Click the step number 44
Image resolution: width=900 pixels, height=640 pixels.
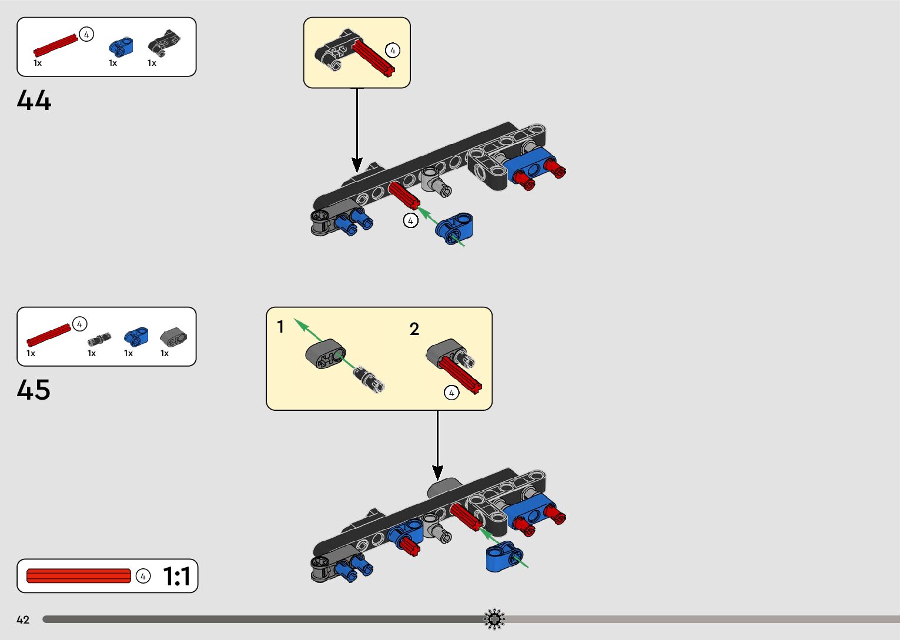[x=34, y=100]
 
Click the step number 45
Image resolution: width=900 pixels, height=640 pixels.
[x=34, y=390]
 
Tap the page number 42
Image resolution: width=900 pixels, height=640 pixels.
[x=23, y=619]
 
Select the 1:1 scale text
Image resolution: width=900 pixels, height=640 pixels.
[x=176, y=577]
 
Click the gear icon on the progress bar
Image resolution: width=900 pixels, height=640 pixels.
[x=494, y=619]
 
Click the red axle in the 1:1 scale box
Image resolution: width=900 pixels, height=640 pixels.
[x=78, y=576]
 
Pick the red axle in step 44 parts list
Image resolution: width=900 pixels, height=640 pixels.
[x=55, y=44]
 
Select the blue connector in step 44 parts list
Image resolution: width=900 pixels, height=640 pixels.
[x=121, y=46]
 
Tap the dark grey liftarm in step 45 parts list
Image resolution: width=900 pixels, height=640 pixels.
[x=173, y=337]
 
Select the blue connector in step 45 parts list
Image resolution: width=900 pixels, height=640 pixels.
[x=136, y=336]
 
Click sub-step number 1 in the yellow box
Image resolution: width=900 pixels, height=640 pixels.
[x=280, y=327]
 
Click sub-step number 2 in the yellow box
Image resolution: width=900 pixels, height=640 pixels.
[x=414, y=329]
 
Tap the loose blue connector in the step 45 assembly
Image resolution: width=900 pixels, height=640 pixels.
[x=503, y=556]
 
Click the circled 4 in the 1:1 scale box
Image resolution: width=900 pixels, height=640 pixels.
[x=143, y=576]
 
